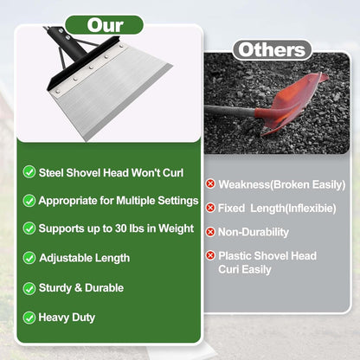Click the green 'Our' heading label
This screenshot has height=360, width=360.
coord(105,24)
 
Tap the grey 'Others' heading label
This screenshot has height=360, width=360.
coord(273,50)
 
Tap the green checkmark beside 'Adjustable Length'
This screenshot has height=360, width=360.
coord(29,258)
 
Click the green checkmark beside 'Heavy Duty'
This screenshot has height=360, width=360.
coord(29,318)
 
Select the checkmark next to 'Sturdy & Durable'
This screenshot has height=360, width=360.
coord(29,288)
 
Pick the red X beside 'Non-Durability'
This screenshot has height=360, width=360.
coord(210,231)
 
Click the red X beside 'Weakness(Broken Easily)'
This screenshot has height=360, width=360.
coord(210,183)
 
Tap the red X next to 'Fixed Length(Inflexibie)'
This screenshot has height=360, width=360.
coord(210,208)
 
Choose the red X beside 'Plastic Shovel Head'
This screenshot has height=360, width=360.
coord(210,256)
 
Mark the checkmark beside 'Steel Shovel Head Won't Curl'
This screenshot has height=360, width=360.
coord(29,171)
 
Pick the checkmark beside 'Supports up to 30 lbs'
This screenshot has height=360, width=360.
coord(29,228)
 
